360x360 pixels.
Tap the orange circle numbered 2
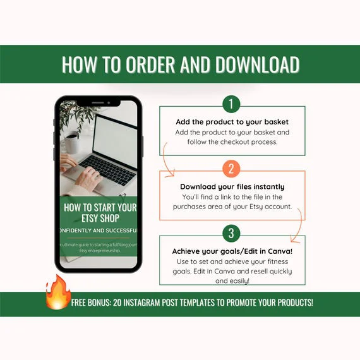(x=231, y=168)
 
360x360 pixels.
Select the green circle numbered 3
(x=231, y=232)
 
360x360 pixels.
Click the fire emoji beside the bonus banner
(x=57, y=292)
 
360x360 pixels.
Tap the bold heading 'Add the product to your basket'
(x=232, y=122)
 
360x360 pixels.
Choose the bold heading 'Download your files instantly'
(x=232, y=186)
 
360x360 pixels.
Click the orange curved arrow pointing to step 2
(x=167, y=161)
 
